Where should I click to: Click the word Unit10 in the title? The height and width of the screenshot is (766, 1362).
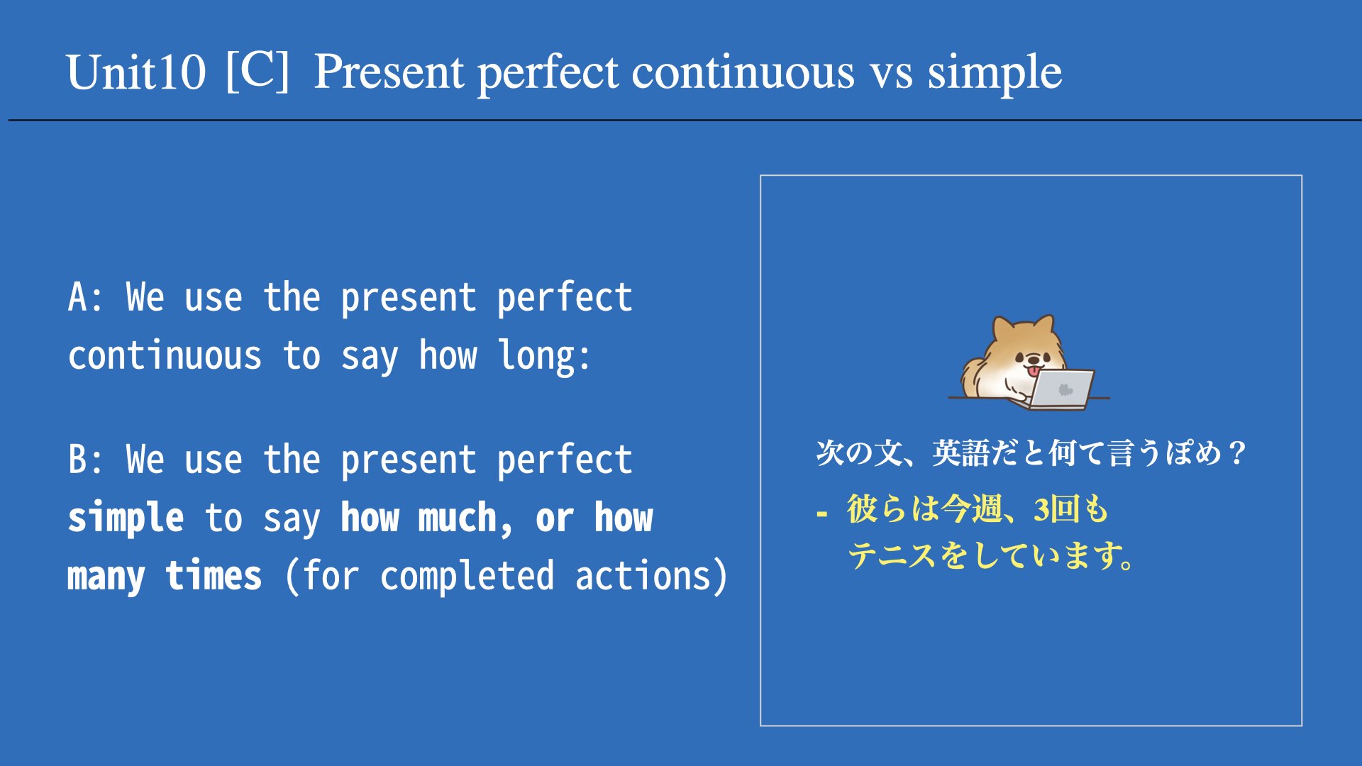click(136, 72)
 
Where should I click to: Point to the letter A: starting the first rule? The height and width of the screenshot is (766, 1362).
click(86, 297)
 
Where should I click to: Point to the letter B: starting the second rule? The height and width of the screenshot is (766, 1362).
click(86, 460)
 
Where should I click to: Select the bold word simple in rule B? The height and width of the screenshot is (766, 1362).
click(126, 518)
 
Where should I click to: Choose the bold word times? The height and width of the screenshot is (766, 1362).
click(214, 575)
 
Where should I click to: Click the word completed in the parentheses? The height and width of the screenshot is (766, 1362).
click(467, 577)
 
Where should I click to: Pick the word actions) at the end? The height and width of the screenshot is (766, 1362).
click(650, 575)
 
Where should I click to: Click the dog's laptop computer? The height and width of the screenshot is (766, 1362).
click(1060, 389)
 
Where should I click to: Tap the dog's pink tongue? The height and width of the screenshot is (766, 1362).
click(1035, 371)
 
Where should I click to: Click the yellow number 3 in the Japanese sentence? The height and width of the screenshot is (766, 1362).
click(1041, 509)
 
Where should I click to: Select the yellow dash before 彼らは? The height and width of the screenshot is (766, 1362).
click(821, 513)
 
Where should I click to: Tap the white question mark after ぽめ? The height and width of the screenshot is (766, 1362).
click(1238, 453)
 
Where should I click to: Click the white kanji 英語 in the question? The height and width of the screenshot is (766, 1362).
click(961, 453)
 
